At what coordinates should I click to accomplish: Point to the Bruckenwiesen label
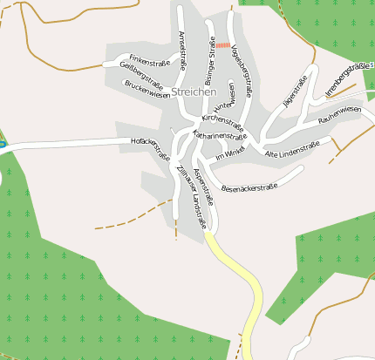tap(147, 90)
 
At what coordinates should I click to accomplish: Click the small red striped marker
tap(222, 44)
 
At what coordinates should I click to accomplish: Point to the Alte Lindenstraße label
tap(291, 149)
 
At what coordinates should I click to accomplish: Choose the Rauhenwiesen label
tap(339, 113)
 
